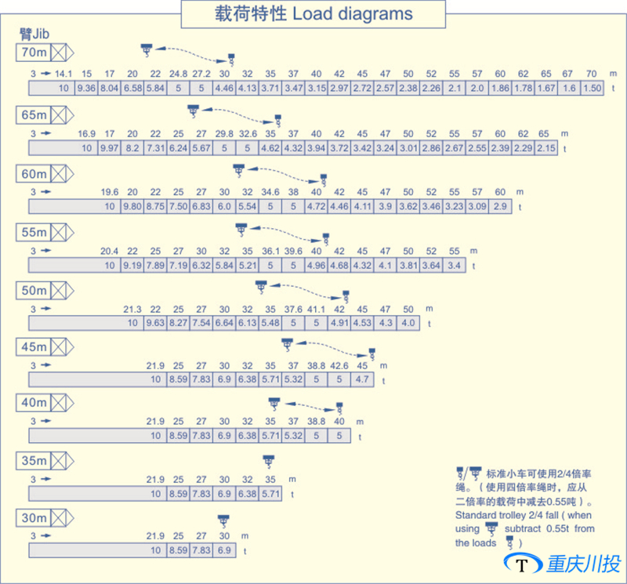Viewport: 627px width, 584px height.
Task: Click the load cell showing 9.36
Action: point(86,89)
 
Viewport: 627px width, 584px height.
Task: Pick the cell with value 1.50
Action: point(593,89)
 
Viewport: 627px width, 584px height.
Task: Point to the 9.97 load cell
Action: point(110,148)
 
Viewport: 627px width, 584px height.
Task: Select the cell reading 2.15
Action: point(546,148)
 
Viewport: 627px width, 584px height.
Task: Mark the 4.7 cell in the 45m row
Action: point(361,379)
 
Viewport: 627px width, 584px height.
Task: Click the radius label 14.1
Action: point(63,74)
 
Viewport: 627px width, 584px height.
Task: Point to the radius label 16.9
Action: point(87,133)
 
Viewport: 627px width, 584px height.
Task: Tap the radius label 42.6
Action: point(339,365)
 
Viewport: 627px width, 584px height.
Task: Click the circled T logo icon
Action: point(521,564)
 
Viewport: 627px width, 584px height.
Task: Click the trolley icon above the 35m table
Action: point(269,460)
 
